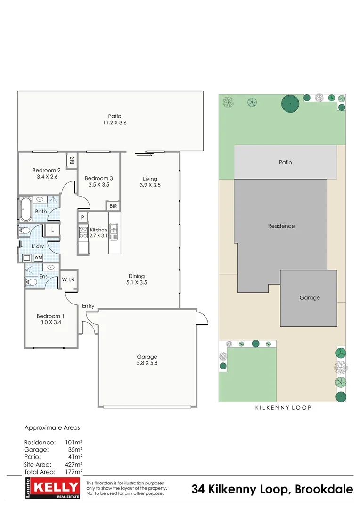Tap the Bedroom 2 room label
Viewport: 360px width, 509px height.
coord(47,170)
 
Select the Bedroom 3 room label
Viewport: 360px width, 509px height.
coord(99,178)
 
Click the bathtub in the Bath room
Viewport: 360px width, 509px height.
coord(25,210)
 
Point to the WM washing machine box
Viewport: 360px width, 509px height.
coord(38,258)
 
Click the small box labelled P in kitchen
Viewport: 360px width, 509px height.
coord(82,217)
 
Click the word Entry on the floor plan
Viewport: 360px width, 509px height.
coord(88,306)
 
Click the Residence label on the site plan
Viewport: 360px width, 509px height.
coord(281,226)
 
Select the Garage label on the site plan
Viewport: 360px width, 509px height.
coord(310,297)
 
